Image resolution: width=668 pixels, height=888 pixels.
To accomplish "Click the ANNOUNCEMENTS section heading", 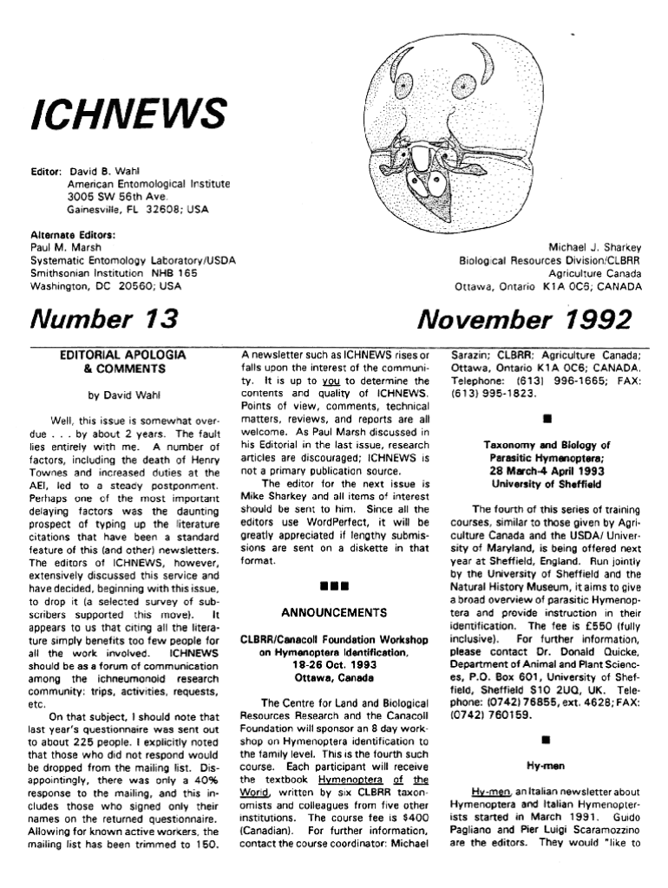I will click(333, 610).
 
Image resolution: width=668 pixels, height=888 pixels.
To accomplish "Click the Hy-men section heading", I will click(545, 767).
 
